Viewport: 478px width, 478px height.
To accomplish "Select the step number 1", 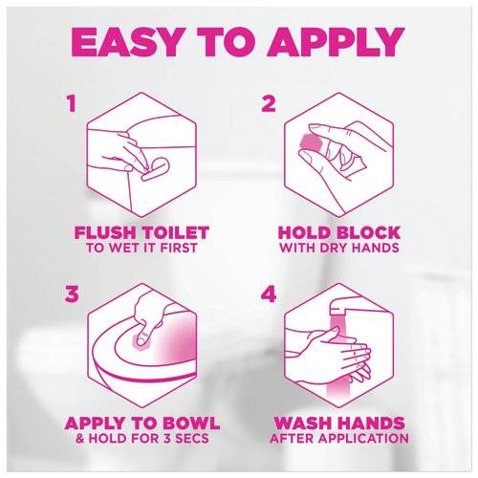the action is [72, 104].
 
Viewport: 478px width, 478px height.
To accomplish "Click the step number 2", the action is [268, 104].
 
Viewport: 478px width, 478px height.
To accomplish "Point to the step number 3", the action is [72, 293].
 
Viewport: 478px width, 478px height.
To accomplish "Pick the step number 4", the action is [268, 293].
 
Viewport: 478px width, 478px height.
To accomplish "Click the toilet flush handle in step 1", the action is [152, 169].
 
